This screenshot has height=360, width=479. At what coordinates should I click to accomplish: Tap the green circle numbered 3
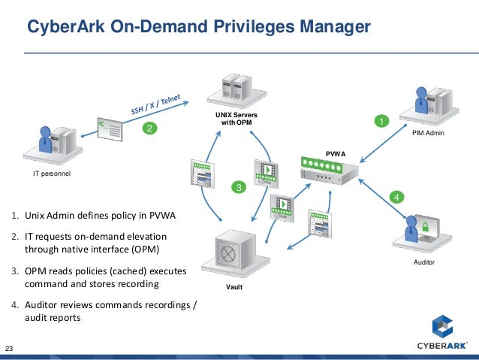[x=238, y=186]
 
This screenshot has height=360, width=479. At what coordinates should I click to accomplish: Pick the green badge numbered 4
[x=396, y=197]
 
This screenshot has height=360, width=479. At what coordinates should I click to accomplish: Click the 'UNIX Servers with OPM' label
[x=236, y=118]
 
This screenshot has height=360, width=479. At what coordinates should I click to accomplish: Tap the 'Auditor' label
[x=424, y=263]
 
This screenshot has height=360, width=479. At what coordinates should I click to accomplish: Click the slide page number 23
[x=11, y=348]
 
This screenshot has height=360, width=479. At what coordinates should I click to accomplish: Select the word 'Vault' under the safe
[x=234, y=287]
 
